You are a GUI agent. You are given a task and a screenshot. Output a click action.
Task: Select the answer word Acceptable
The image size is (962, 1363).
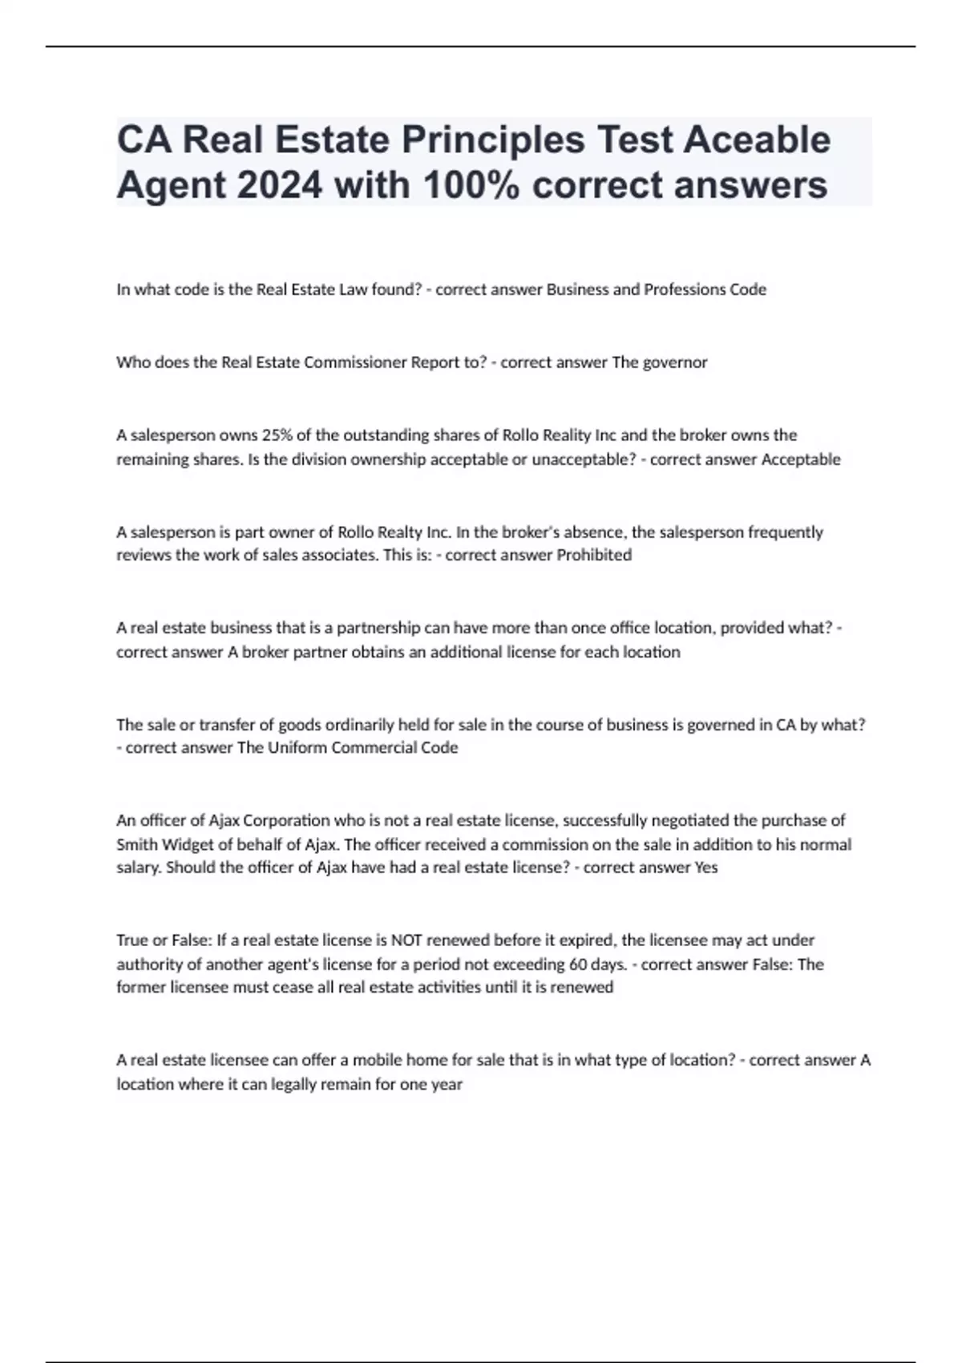point(800,459)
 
